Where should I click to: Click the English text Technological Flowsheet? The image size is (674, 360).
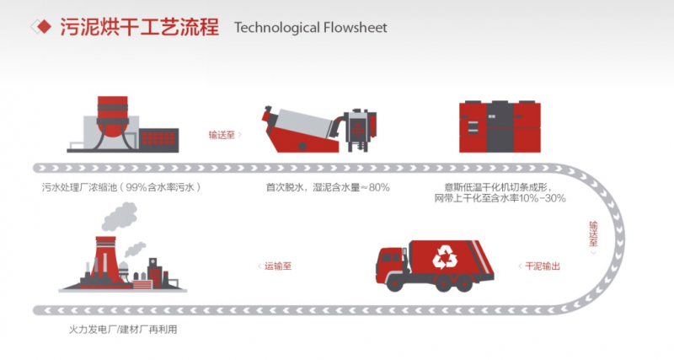point(311,28)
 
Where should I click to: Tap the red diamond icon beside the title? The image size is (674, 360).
point(41,28)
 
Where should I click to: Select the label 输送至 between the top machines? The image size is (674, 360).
point(222,133)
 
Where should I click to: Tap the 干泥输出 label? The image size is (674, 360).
point(543,266)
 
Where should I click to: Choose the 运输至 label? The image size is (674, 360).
point(278,266)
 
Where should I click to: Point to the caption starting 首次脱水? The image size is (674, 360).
point(328,187)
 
